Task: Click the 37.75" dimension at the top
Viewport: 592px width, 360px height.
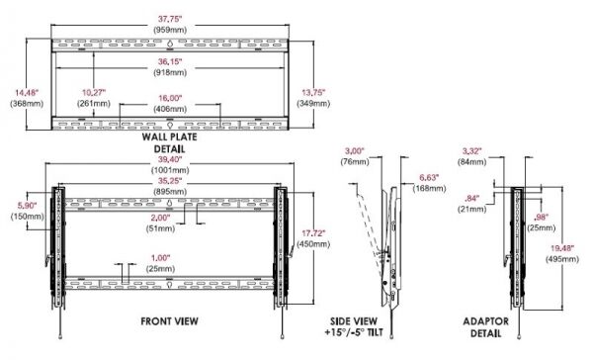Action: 170,19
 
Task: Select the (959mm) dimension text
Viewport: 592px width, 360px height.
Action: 170,30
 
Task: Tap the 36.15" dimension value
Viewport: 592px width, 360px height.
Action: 170,61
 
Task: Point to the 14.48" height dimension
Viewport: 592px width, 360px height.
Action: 27,92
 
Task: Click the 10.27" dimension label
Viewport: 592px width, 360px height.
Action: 94,92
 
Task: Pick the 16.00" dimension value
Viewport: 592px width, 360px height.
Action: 170,98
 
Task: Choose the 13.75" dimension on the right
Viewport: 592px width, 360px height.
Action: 313,92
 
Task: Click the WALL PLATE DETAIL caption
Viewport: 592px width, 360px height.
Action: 170,142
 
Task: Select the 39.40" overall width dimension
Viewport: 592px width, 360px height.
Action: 170,159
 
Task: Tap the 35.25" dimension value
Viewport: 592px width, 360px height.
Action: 170,181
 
